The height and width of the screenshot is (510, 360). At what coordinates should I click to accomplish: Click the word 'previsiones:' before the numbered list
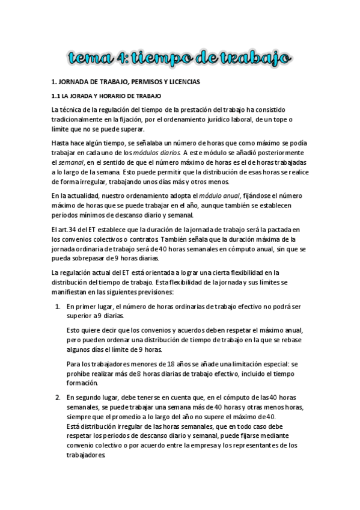click(x=153, y=293)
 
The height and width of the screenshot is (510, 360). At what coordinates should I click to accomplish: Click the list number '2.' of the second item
click(x=58, y=398)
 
